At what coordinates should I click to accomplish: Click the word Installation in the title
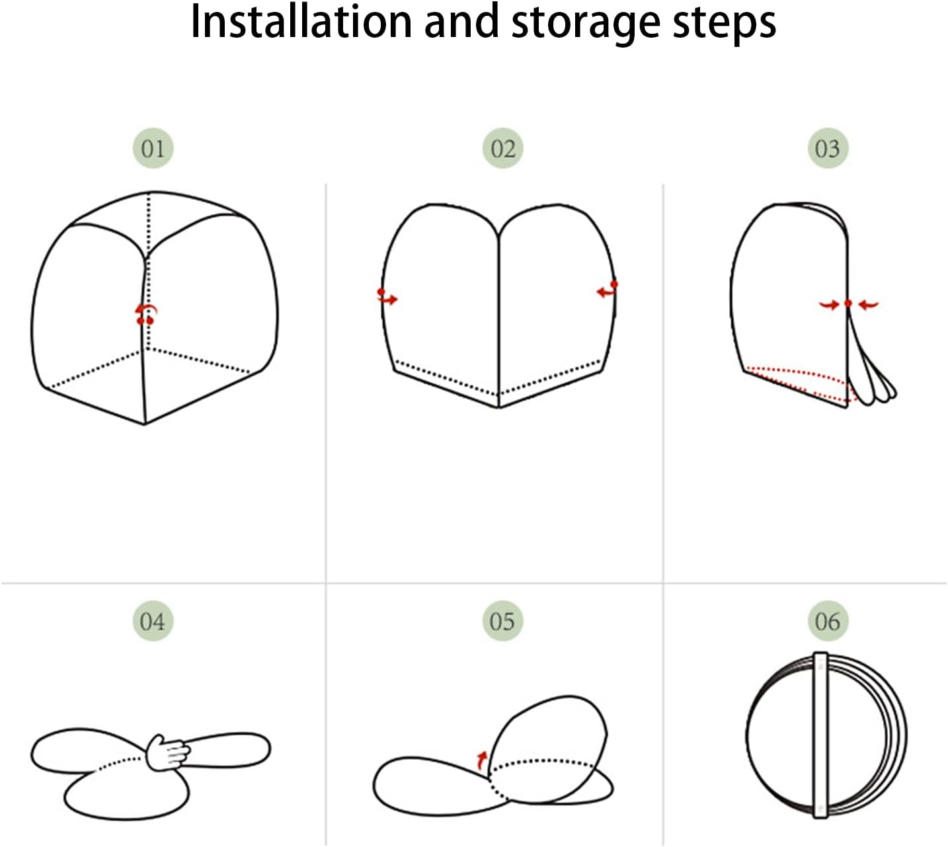pos(301,22)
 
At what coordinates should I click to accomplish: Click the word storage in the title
pos(585,24)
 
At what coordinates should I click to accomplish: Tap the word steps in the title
pos(725,25)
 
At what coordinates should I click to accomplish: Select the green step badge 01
pos(153,148)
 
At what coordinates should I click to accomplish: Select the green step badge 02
pos(502,148)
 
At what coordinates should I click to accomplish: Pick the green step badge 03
pos(828,148)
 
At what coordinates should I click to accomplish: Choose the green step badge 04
pos(153,621)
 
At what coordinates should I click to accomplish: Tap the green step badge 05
pos(502,621)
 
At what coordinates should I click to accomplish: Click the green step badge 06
pos(828,621)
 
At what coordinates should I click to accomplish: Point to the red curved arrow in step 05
pos(482,760)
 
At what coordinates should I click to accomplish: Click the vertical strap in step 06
pos(820,735)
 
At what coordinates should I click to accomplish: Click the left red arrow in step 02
pos(387,298)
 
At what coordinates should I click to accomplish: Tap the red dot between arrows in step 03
pos(848,303)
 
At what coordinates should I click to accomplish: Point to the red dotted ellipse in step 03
pos(802,385)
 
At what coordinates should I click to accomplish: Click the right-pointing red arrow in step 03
pos(829,305)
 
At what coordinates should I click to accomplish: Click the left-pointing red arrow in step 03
pos(869,305)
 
